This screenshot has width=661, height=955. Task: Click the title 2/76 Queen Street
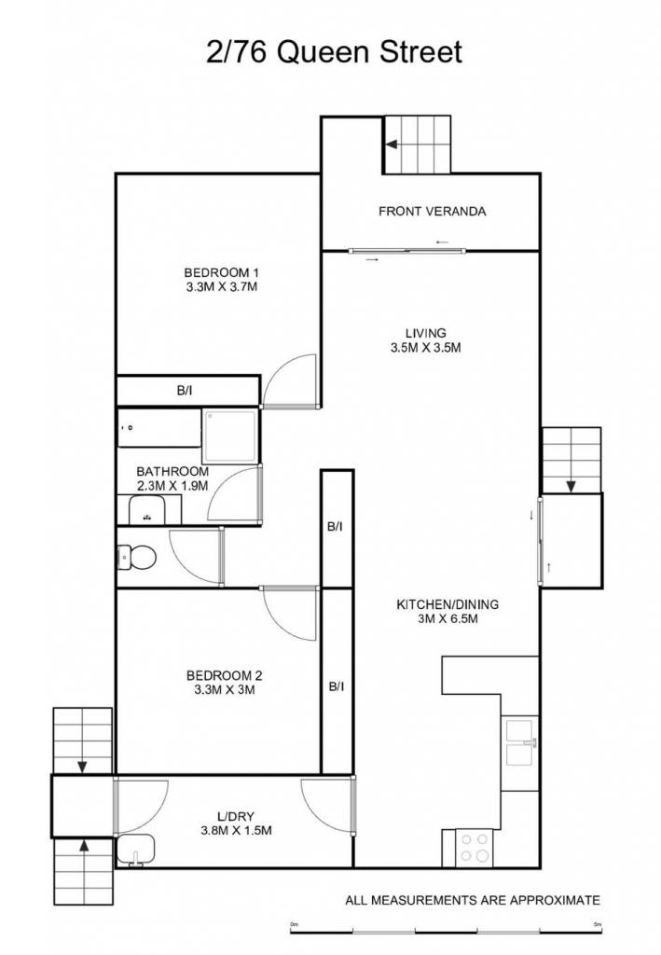[334, 52]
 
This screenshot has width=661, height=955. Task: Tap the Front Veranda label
[433, 212]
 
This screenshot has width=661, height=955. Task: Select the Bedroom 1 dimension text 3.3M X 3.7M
[222, 287]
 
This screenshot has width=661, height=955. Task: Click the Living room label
[425, 333]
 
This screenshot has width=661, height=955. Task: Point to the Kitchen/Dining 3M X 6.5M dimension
[448, 619]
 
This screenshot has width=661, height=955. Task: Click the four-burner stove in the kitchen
[475, 847]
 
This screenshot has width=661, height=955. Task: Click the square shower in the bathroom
[230, 436]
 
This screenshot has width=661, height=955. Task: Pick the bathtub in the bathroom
[158, 427]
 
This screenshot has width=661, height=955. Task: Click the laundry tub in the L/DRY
[136, 849]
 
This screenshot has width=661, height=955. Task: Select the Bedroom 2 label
[224, 675]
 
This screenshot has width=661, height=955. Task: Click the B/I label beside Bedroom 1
[185, 391]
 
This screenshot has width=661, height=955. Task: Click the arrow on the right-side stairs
[571, 486]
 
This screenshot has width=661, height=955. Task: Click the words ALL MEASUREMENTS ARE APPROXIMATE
[473, 900]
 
